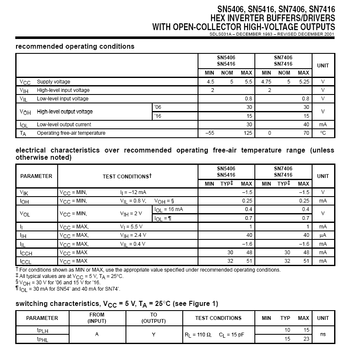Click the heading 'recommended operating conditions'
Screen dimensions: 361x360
click(x=75, y=47)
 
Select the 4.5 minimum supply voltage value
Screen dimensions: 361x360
click(x=210, y=82)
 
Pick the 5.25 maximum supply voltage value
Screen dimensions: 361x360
click(x=304, y=82)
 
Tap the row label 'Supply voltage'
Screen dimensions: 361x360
click(x=53, y=82)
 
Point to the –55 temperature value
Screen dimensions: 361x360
click(x=209, y=133)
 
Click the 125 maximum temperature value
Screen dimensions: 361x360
click(x=248, y=133)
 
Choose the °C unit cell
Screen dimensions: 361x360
click(x=323, y=133)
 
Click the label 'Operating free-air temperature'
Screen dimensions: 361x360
click(x=71, y=133)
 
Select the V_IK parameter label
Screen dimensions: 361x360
click(x=24, y=192)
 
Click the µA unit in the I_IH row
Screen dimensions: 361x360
click(x=323, y=235)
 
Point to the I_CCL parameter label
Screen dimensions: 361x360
click(x=26, y=261)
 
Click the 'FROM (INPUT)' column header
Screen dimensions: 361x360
click(x=97, y=318)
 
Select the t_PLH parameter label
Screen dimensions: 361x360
click(x=42, y=330)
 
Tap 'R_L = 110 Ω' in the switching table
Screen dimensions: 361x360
click(x=198, y=335)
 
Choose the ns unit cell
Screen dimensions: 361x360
click(x=323, y=334)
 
